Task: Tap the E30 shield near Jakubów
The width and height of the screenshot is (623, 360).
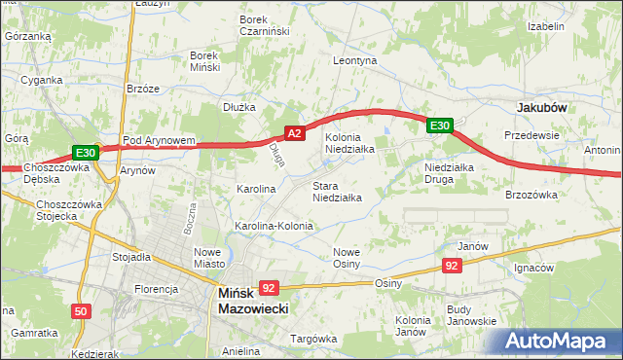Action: click(439, 125)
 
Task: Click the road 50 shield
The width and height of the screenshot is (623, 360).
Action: click(81, 311)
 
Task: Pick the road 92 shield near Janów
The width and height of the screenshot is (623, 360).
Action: click(451, 265)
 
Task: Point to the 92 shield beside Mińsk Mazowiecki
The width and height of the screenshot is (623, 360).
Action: click(270, 287)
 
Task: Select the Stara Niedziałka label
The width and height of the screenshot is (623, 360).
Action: click(337, 191)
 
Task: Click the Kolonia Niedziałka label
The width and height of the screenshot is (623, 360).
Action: click(349, 144)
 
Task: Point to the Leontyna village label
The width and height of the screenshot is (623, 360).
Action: click(354, 60)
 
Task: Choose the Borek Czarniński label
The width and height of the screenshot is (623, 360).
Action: click(266, 24)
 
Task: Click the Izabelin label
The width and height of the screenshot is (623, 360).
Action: click(545, 26)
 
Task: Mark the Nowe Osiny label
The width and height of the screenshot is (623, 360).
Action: click(347, 258)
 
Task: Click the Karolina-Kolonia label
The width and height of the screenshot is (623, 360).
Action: click(274, 226)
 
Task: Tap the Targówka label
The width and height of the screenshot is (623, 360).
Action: click(312, 339)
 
